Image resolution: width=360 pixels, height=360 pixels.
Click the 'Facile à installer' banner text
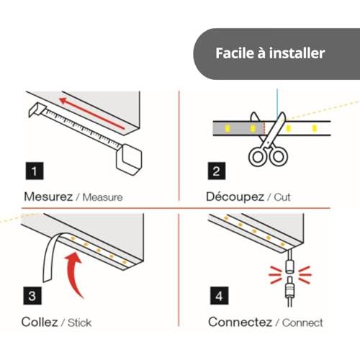[x=270, y=53]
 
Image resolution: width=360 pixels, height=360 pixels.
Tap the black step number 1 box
[x=35, y=171]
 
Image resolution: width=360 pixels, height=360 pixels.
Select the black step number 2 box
[x=217, y=171]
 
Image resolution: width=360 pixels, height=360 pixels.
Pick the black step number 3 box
[x=32, y=296]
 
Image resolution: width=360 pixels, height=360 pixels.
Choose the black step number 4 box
[x=219, y=296]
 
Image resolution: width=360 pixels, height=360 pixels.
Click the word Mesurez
[x=48, y=197]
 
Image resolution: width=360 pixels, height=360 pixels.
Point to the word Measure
[x=102, y=197]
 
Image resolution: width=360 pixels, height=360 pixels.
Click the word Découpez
[x=235, y=197]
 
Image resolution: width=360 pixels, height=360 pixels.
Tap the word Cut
[x=282, y=197]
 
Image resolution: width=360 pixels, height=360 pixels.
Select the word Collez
[x=40, y=322]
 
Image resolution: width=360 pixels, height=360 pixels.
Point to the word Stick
[x=80, y=323]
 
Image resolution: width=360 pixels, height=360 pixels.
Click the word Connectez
[x=240, y=322]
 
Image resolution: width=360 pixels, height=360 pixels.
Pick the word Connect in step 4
[x=302, y=323]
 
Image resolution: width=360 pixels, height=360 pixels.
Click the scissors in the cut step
[x=269, y=142]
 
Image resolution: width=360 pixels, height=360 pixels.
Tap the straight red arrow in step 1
[x=92, y=114]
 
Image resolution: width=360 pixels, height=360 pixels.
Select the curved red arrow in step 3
[x=75, y=271]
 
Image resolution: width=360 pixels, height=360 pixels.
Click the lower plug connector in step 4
[x=289, y=292]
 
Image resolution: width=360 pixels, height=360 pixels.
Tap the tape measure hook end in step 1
[x=37, y=110]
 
